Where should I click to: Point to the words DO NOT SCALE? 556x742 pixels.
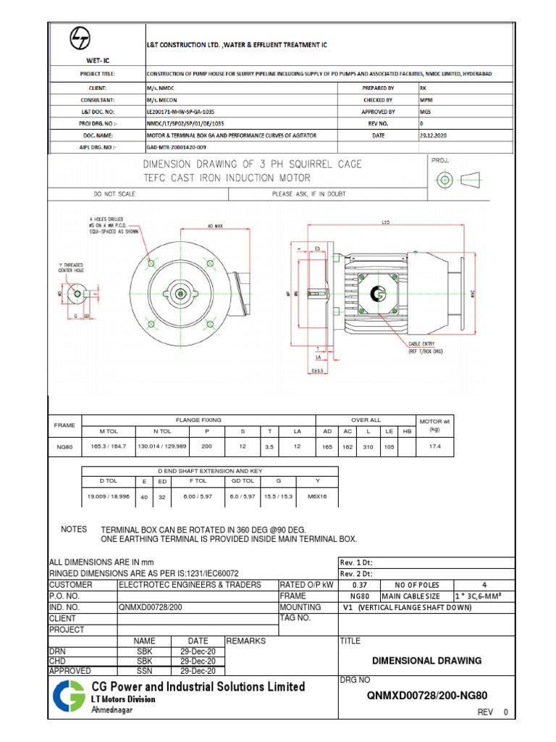click(114, 194)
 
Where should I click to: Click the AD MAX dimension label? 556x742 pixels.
click(215, 227)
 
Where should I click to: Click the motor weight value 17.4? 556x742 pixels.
click(436, 447)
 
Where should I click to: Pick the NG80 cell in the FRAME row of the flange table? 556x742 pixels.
click(64, 448)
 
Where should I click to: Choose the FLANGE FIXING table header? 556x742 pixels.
click(198, 420)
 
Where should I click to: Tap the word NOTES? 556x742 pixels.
click(74, 530)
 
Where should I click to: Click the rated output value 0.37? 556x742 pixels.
click(358, 585)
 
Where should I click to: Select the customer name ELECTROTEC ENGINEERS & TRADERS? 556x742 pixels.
click(181, 585)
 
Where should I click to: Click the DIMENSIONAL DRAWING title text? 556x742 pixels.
click(426, 661)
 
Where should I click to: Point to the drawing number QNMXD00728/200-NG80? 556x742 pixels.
click(427, 696)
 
